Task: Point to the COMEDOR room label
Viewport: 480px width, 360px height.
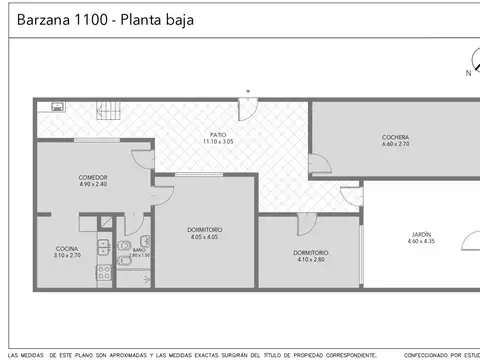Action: pos(93,177)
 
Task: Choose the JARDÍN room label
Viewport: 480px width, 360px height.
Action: pos(421,234)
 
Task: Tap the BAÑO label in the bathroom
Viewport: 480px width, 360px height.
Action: pos(131,249)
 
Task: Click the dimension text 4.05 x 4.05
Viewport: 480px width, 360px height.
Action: pos(204,237)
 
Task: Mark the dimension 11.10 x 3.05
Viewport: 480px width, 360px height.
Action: pos(217,141)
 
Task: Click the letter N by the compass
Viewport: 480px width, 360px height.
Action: pos(468,73)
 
